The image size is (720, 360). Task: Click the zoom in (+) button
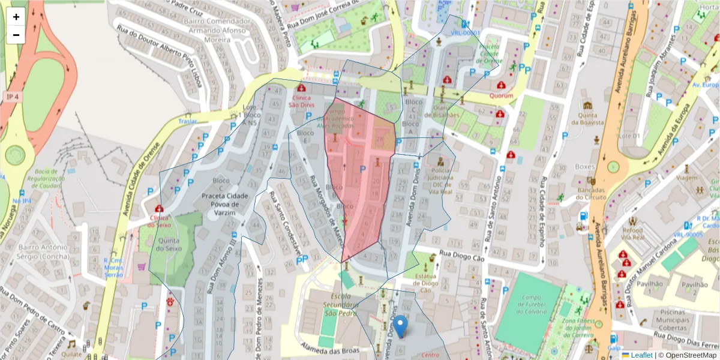pos(16,17)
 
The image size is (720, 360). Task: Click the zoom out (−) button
pos(16,35)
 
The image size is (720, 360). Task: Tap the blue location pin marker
pos(400,325)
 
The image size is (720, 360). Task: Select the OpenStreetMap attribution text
pos(687,355)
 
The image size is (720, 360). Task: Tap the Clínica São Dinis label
pos(302,101)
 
